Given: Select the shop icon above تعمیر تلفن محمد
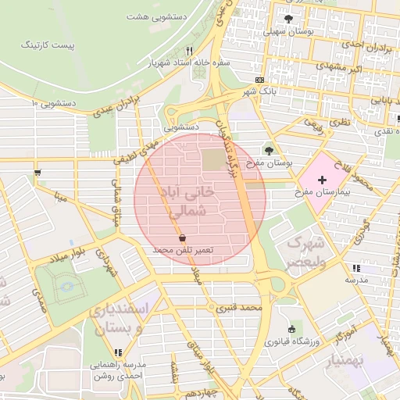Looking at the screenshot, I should click(x=182, y=237).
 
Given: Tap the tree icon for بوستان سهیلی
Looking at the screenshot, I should click(x=289, y=19).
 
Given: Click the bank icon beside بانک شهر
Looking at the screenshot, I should click(x=259, y=80).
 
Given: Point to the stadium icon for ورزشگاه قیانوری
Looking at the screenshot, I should click(x=292, y=329).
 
